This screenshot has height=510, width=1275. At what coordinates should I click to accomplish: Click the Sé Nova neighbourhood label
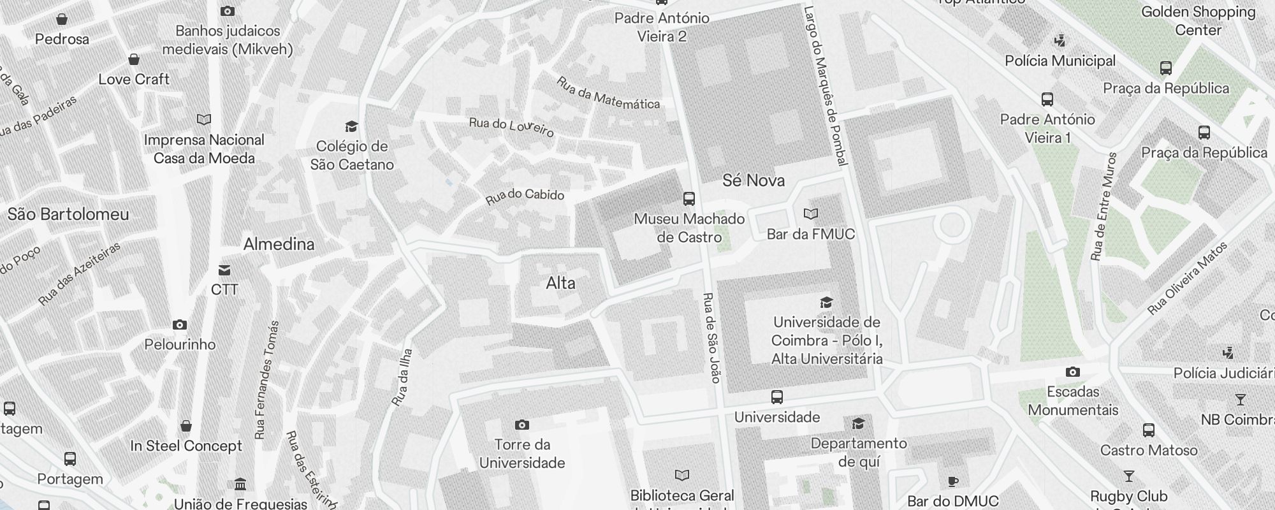[753, 180]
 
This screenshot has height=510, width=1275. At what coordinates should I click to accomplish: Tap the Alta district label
[560, 283]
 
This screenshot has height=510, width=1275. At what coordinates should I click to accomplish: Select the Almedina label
[279, 244]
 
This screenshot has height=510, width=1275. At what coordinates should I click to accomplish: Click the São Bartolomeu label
[68, 214]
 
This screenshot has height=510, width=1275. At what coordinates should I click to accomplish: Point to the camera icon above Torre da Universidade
[521, 425]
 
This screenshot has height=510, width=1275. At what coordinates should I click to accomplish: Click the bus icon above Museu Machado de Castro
[688, 199]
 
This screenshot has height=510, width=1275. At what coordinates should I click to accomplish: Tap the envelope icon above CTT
[224, 270]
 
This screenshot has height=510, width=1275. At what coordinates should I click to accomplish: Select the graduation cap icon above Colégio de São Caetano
[351, 126]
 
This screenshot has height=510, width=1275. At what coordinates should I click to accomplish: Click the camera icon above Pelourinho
[180, 325]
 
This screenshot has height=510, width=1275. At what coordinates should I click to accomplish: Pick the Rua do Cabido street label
[525, 196]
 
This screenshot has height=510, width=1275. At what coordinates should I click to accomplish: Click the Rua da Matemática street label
[608, 94]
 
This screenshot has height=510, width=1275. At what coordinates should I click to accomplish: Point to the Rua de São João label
[711, 338]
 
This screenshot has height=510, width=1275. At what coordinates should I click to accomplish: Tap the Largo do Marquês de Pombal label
[825, 86]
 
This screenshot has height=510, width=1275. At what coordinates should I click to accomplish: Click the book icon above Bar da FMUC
[810, 214]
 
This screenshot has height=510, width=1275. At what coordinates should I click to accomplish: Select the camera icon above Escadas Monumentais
[1073, 372]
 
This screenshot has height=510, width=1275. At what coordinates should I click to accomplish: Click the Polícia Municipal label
[1060, 61]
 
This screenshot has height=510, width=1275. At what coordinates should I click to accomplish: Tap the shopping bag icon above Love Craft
[134, 60]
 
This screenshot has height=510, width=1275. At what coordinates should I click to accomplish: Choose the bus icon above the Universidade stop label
[776, 398]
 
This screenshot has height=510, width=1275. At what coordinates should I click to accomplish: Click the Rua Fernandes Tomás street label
[267, 380]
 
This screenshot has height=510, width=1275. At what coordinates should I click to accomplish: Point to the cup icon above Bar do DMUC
[952, 481]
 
